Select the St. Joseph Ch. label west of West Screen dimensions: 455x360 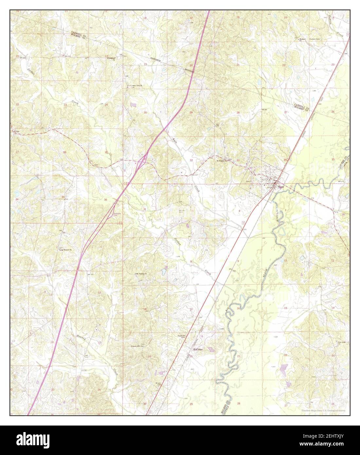pos(221,161)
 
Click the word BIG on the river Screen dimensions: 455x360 pos(227,311)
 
